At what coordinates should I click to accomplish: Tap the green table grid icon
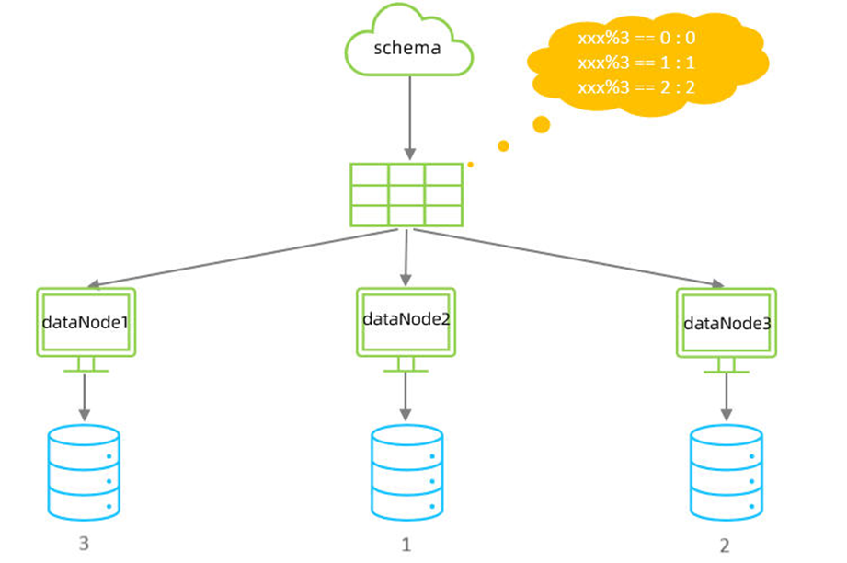[406, 194]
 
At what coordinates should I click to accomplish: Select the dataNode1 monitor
[86, 323]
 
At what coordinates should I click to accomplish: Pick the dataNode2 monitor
[406, 322]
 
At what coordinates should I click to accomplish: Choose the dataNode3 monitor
[726, 324]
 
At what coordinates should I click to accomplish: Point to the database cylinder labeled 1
[406, 471]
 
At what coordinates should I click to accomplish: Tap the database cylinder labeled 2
[726, 471]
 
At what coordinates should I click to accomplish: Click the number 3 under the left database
[85, 544]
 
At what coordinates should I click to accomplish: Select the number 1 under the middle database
[406, 545]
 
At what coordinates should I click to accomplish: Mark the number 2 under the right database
[725, 546]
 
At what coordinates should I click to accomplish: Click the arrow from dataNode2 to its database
[406, 397]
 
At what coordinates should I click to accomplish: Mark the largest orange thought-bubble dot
[542, 124]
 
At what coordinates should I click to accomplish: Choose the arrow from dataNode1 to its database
[86, 397]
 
